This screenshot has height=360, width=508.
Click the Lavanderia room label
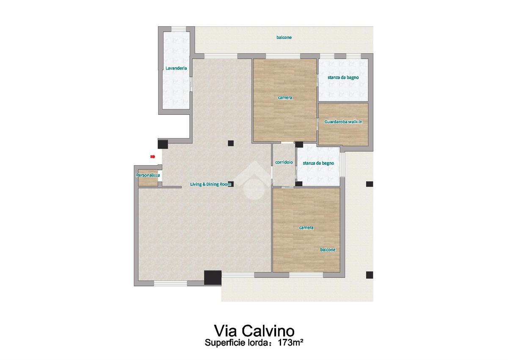click(176, 68)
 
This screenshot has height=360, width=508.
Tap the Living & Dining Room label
click(210, 184)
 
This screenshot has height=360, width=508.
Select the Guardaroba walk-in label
click(343, 122)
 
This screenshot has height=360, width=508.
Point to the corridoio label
click(284, 162)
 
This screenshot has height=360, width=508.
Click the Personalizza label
click(148, 175)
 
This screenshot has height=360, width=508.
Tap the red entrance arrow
click(153, 157)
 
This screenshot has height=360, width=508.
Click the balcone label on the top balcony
click(284, 37)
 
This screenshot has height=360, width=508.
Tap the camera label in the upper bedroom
click(285, 97)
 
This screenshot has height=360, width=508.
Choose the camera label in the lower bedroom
click(306, 227)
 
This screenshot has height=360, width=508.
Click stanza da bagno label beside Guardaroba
click(343, 78)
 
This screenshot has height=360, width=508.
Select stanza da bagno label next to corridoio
click(318, 163)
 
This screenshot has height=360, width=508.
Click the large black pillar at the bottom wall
click(213, 277)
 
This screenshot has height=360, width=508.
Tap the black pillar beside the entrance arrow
click(163, 144)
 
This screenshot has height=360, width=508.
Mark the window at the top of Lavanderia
click(179, 29)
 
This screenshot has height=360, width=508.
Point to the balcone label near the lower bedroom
click(328, 250)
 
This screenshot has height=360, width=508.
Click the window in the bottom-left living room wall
click(171, 283)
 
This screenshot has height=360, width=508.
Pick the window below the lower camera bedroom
click(306, 275)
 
